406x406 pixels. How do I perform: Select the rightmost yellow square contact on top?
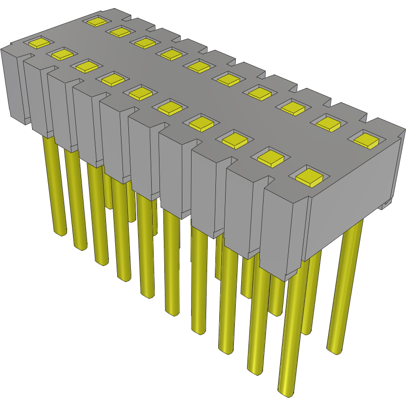[367, 140]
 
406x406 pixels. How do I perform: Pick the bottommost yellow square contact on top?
[309, 176]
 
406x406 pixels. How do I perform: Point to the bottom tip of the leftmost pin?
[60, 233]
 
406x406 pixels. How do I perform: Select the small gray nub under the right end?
[387, 204]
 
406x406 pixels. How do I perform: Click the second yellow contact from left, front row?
[62, 53]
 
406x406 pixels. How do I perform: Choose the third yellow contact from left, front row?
[86, 66]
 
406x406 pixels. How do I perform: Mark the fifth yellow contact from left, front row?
[141, 91]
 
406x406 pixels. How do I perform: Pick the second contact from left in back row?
[119, 32]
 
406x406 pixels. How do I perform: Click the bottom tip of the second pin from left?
[80, 247]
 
